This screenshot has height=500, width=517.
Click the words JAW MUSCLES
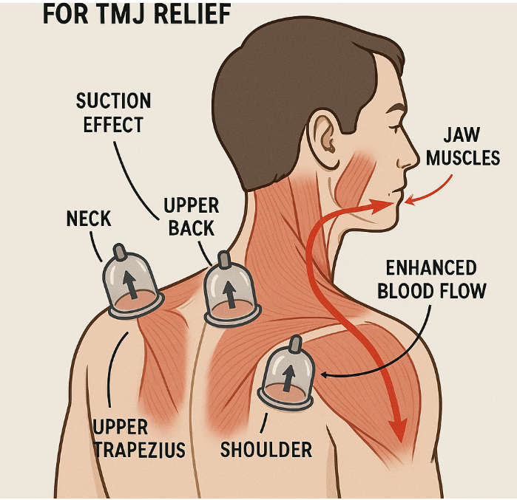coord(462,147)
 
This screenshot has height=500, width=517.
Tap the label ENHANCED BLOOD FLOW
coord(432,278)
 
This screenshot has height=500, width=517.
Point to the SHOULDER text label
coord(266,449)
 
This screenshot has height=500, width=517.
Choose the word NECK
coord(89,219)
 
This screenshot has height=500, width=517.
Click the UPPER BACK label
coord(191,216)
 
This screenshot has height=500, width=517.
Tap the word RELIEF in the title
coord(192,14)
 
